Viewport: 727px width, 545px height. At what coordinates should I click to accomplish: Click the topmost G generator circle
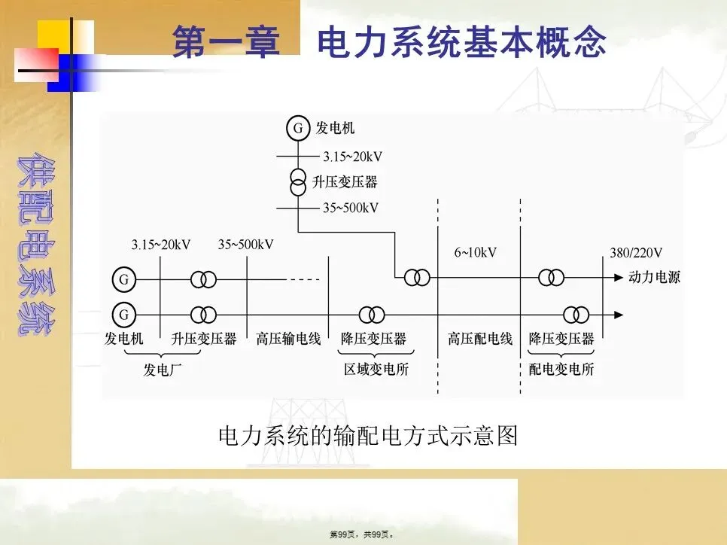coord(298,129)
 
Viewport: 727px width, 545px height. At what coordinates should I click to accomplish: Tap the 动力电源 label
coord(654,277)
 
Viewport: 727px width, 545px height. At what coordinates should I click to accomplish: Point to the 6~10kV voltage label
coord(475,252)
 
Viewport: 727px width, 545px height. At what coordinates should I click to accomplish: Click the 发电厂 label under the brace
coord(163,369)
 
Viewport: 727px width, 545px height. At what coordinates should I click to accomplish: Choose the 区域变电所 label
coord(376,369)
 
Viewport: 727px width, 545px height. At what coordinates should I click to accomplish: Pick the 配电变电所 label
coord(561,369)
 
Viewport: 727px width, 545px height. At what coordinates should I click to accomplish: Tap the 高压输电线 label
coord(288,339)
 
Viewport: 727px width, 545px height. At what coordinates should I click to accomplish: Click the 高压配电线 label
coord(480,339)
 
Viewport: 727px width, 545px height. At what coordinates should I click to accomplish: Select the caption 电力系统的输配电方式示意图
coord(367,435)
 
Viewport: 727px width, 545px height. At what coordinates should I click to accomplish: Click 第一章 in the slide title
coord(226,42)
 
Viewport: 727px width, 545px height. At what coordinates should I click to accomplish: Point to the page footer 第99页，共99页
coord(363,534)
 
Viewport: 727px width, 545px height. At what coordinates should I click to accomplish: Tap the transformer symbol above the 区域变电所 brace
coord(372,314)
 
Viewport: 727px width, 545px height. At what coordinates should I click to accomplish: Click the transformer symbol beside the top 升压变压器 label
coord(299,182)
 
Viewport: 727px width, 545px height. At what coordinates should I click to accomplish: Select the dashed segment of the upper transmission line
coord(304,279)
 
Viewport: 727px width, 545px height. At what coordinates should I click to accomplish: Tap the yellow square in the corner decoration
coord(56,35)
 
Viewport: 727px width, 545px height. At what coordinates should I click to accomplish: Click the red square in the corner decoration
coord(36,63)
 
